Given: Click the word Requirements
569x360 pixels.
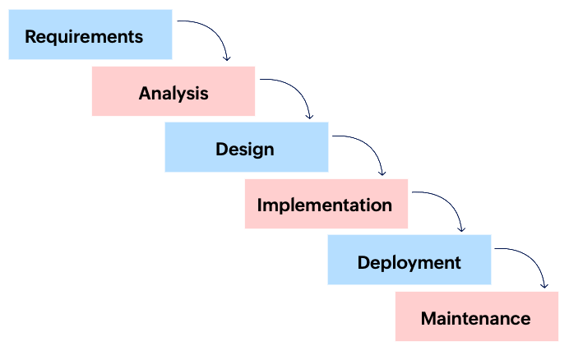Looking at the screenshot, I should click(x=84, y=37).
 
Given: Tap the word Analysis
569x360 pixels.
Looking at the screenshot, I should click(x=173, y=93).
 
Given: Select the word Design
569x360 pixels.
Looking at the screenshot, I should click(x=245, y=150).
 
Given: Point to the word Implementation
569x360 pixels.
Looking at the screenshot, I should click(x=325, y=205).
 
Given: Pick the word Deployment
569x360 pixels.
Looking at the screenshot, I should click(x=409, y=262).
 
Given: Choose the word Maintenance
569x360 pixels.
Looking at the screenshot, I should click(x=475, y=318).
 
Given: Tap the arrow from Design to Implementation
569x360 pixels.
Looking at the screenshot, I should click(x=370, y=145).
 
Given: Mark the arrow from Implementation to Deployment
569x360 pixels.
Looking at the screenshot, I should click(x=451, y=201).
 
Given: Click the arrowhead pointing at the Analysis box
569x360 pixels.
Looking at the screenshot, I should click(x=228, y=58).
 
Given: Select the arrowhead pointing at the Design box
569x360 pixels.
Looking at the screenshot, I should click(x=310, y=116).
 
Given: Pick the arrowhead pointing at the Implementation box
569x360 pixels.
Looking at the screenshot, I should click(x=382, y=173).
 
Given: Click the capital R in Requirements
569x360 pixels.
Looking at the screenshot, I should click(x=30, y=37).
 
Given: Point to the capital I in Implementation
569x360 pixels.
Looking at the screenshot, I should click(x=260, y=205).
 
